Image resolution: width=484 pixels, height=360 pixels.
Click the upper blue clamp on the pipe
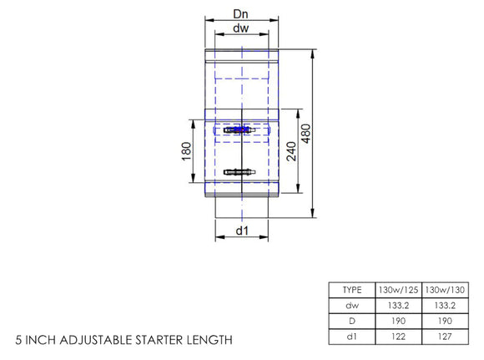tap(240, 130)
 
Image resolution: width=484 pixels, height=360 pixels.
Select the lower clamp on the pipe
tap(240, 172)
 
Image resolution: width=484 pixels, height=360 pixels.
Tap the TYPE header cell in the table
tap(351, 290)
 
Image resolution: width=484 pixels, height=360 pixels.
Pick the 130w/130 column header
tap(448, 290)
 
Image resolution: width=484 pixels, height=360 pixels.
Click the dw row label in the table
tap(351, 305)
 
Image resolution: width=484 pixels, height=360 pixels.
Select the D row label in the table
tap(351, 320)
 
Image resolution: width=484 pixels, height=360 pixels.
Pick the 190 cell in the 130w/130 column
tap(448, 320)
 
